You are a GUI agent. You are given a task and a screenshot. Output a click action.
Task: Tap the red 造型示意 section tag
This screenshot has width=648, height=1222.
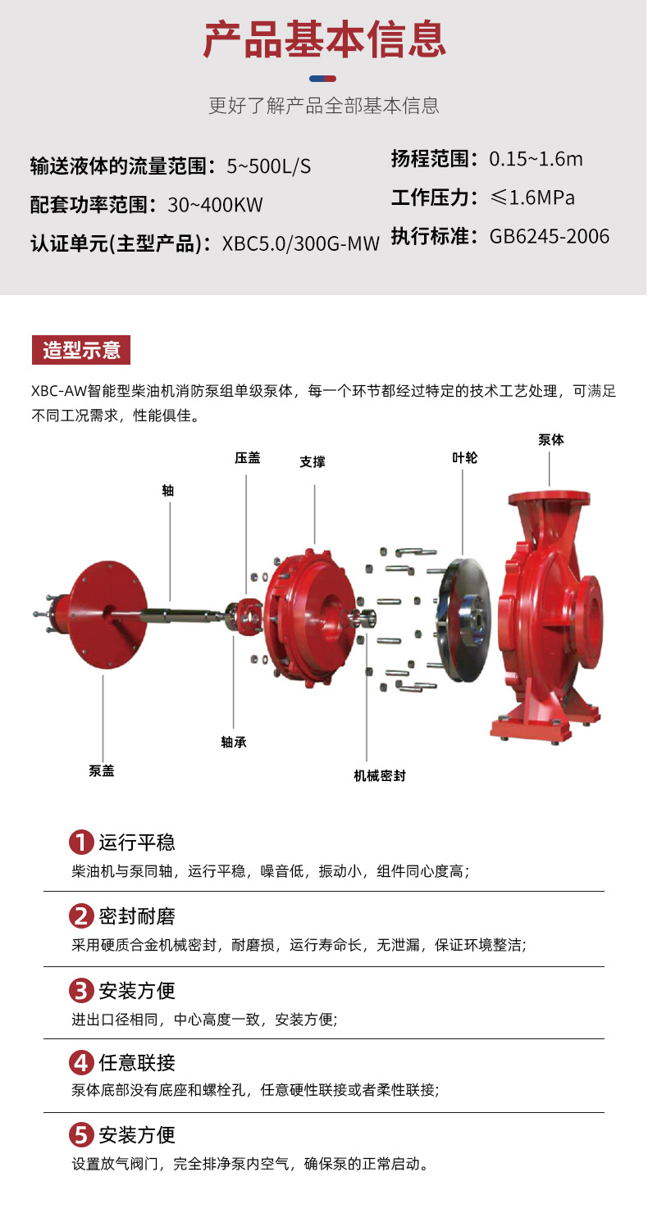coord(81,350)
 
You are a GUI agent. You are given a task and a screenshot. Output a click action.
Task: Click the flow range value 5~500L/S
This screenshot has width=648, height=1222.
coord(268,166)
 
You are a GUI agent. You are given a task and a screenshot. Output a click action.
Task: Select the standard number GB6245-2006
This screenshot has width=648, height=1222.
coord(550,236)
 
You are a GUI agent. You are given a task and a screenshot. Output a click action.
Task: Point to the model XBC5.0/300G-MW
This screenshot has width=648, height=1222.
coord(300,243)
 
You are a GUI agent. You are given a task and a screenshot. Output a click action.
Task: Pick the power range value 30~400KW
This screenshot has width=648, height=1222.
coord(215,205)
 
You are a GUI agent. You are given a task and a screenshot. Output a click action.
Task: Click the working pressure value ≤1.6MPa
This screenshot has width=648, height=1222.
coord(532,197)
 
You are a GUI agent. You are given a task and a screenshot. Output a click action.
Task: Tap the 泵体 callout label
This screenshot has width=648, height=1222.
coord(551,439)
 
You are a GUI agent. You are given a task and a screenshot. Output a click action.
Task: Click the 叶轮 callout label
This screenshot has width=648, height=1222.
coord(464,457)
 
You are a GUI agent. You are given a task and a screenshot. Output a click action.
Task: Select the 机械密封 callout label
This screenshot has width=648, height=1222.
coord(380,775)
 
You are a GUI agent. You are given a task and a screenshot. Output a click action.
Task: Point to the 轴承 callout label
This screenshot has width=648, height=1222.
coord(234,742)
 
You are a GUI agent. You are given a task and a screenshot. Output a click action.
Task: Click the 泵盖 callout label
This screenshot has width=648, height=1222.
coord(102,770)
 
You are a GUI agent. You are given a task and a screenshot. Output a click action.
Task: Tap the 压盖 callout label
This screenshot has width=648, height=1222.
coord(247,457)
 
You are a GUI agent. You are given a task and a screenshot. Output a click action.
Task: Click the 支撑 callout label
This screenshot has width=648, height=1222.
coord(313,461)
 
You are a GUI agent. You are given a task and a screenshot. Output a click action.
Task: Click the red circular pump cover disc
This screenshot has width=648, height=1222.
coord(107,614)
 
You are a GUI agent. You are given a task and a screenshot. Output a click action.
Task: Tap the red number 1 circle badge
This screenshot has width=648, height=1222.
coord(81,842)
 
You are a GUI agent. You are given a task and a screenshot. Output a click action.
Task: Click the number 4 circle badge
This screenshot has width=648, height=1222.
coord(81,1062)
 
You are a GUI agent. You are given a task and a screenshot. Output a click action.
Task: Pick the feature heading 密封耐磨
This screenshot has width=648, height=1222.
coord(137,916)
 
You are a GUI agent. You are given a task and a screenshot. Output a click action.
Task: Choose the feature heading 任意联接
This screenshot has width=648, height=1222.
coord(137,1062)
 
